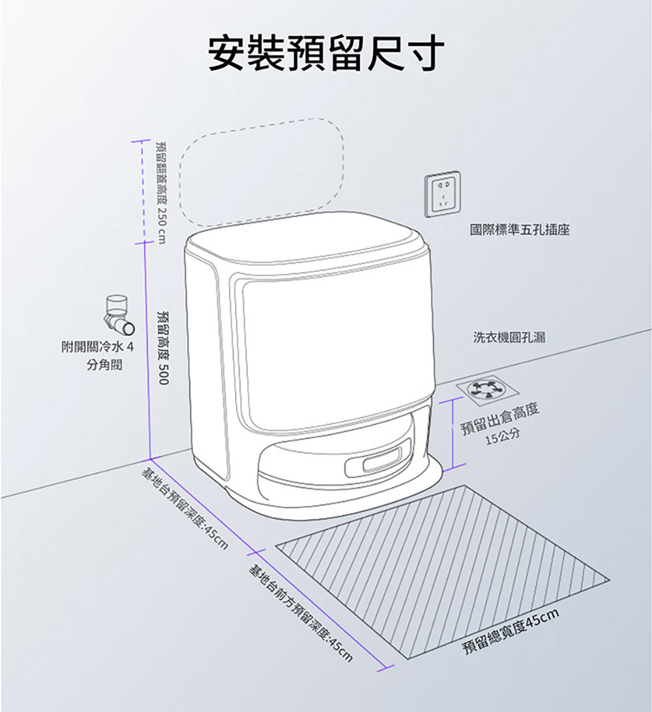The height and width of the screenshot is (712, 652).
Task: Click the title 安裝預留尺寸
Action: tap(326, 52)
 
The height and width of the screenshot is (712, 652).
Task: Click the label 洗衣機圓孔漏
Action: tap(509, 337)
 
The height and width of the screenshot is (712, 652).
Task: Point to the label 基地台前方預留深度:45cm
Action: tap(301, 613)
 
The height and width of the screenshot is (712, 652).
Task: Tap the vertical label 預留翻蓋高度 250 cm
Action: tap(160, 192)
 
